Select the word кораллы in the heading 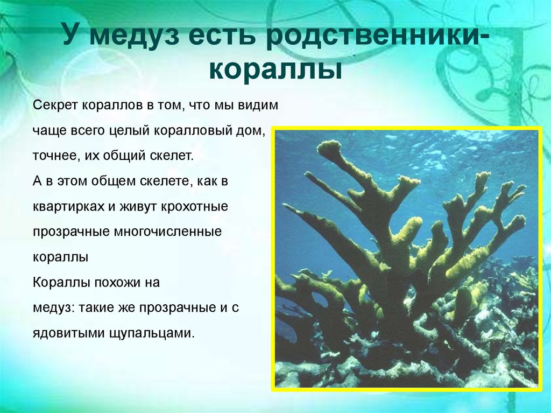[x=275, y=71]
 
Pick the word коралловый [x=194, y=131]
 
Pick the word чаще [x=45, y=131]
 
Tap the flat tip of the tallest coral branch [x=329, y=146]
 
